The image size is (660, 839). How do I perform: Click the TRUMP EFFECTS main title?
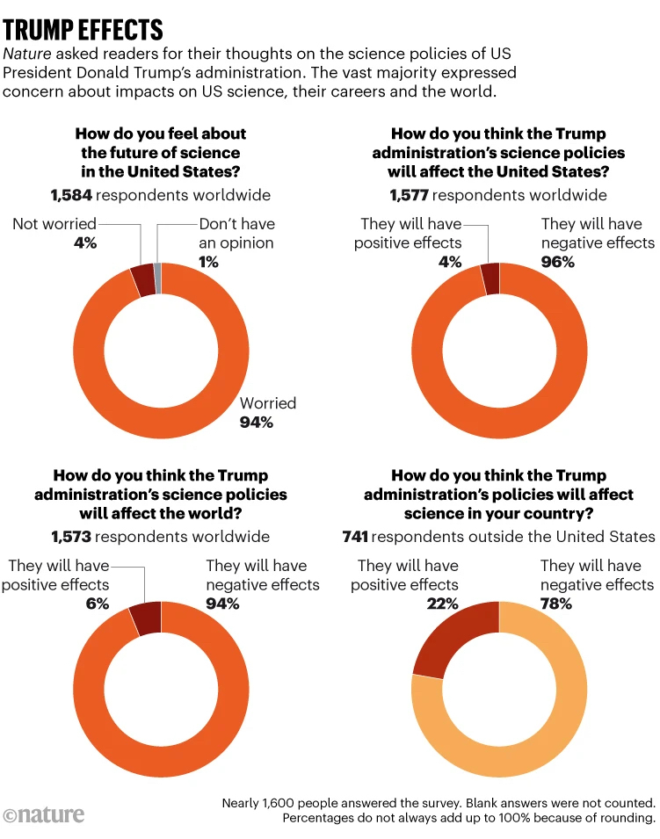point(83,29)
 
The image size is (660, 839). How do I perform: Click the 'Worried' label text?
point(268,403)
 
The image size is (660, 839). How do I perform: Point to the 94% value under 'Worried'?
point(257,423)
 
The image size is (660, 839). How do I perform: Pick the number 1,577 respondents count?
point(409,195)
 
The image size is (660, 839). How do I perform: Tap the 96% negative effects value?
point(557,262)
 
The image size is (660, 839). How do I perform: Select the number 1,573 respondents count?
point(71,536)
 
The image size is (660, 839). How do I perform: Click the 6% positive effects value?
point(98,604)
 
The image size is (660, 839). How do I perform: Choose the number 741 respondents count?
point(355,536)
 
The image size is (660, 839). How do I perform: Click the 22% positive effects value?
point(443,604)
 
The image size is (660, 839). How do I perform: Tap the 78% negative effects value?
point(555,604)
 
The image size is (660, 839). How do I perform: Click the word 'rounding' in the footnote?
point(620,818)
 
